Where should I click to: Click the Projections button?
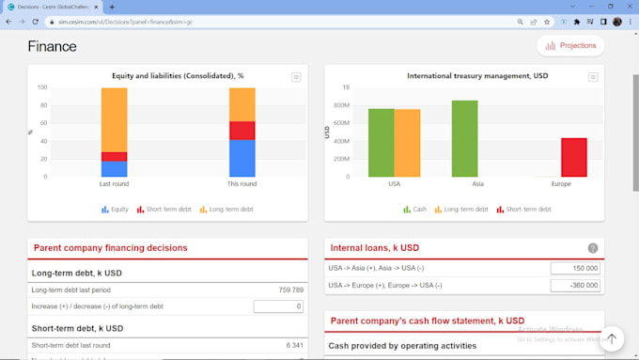pos(570,45)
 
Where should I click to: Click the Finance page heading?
pos(52,46)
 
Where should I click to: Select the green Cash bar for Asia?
pos(464,138)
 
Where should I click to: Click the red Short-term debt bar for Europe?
pos(573,157)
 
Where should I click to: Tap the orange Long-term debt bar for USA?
pos(407,143)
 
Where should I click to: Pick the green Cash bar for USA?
pos(381,142)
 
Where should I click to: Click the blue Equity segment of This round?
pos(242,158)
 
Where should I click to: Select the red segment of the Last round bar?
pos(114,157)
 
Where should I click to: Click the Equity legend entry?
pos(115,210)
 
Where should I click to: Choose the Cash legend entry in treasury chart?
pos(414,210)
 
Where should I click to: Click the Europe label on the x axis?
pos(561,184)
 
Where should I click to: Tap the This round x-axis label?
pos(242,184)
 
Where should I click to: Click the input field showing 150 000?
pos(575,268)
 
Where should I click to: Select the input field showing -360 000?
pos(575,286)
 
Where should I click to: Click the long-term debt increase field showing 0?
pos(278,306)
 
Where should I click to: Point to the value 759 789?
pos(291,290)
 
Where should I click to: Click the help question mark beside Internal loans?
pos(593,248)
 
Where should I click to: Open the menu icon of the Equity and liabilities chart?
pos(296,77)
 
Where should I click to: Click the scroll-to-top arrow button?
pos(612,338)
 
